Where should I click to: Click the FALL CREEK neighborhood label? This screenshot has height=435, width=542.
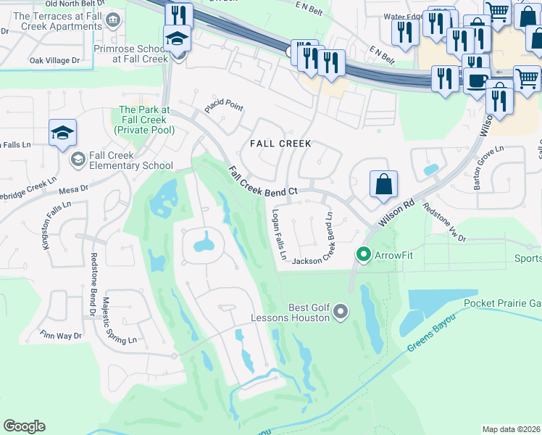(x=280, y=144)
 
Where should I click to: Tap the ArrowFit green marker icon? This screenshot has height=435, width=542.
(x=363, y=254)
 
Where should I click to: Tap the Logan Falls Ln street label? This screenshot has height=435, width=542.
(x=279, y=236)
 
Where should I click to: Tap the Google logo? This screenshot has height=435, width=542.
(x=24, y=426)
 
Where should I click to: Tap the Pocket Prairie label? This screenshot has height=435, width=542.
(x=501, y=303)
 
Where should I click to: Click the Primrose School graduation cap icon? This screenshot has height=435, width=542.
(x=176, y=41)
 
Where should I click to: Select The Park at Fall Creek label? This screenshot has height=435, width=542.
(x=143, y=120)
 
